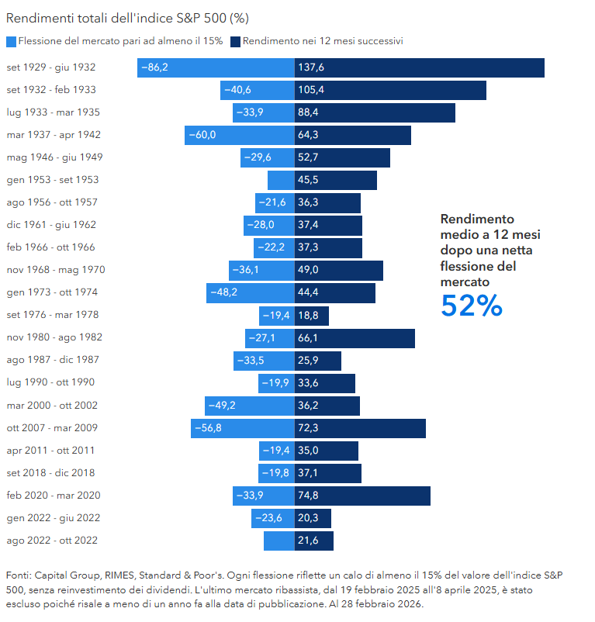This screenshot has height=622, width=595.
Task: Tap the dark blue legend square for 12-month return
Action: tap(236, 41)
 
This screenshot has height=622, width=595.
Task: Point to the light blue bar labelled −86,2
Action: tap(216, 67)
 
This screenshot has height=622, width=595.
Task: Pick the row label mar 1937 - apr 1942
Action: tap(54, 135)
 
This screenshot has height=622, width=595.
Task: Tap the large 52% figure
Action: tap(472, 306)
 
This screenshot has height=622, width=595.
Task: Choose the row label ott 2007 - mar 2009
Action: tap(52, 427)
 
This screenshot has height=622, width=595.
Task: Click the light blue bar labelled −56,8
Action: tap(242, 428)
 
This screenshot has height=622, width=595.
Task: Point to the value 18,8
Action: tap(308, 316)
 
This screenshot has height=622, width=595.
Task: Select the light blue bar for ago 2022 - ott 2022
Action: tap(278, 541)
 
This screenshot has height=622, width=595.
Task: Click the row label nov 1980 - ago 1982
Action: tap(54, 337)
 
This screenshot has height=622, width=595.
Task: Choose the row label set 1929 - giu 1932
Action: tap(51, 67)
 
